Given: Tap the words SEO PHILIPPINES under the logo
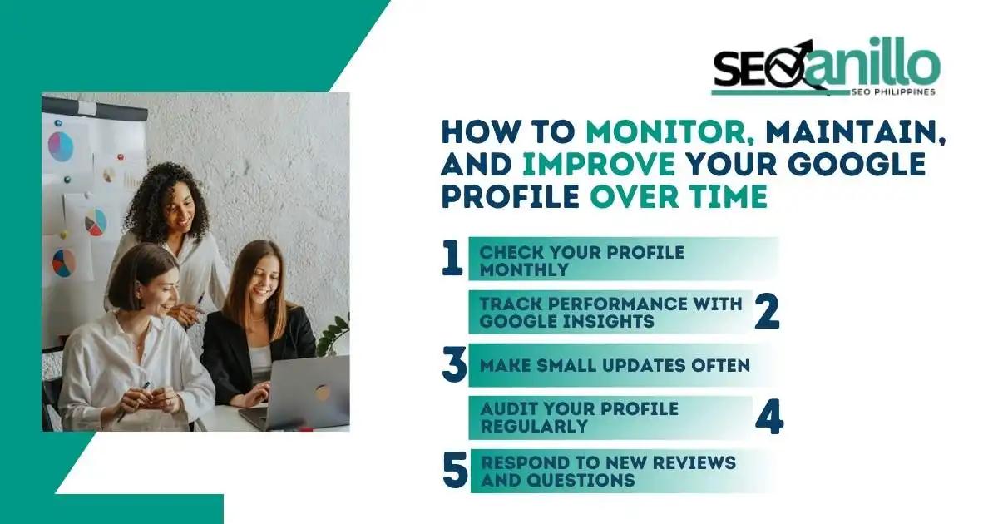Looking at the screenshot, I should [891, 91].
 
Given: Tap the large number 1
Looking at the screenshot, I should [452, 259].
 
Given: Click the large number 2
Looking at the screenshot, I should [767, 311].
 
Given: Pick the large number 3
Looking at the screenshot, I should [454, 366].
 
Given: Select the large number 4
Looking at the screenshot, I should [768, 418].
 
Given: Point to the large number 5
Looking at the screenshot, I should [455, 471].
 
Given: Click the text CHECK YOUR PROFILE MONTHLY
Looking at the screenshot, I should [581, 260].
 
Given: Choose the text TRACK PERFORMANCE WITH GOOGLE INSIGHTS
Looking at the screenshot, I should [610, 312].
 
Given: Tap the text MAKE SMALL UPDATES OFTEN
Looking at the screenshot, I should [615, 365].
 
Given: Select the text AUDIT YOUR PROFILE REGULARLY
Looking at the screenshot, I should [579, 418].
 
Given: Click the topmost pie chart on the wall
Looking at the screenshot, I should [61, 146].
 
